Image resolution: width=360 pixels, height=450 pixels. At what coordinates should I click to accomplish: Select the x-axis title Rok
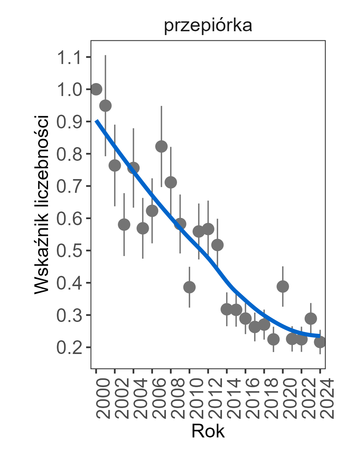point(208,431)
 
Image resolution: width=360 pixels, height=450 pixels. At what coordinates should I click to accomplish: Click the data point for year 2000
point(96,89)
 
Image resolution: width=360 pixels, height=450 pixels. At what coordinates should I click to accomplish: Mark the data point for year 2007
point(161,147)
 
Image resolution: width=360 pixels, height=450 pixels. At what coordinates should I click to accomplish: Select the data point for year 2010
point(190,287)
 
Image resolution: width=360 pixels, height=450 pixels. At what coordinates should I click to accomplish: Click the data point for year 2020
point(283,287)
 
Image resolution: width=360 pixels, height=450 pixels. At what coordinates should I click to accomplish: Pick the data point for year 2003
point(124,224)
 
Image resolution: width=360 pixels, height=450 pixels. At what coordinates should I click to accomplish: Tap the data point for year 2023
point(311,318)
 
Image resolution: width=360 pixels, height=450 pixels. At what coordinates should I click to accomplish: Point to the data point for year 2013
point(217,245)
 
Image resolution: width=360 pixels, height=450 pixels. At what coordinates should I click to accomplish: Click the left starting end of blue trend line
point(96,121)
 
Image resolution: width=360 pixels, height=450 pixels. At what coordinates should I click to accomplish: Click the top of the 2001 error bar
point(106,56)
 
